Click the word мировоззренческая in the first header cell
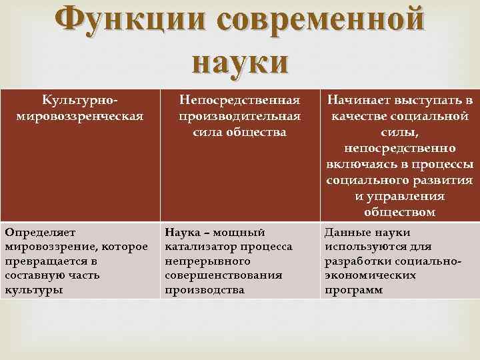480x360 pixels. click(79, 115)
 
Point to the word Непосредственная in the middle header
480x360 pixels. click(240, 101)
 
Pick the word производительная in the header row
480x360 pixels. click(240, 116)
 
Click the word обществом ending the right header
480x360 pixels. click(400, 212)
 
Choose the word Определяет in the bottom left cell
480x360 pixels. click(40, 233)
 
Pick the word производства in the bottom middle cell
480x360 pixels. click(204, 290)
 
